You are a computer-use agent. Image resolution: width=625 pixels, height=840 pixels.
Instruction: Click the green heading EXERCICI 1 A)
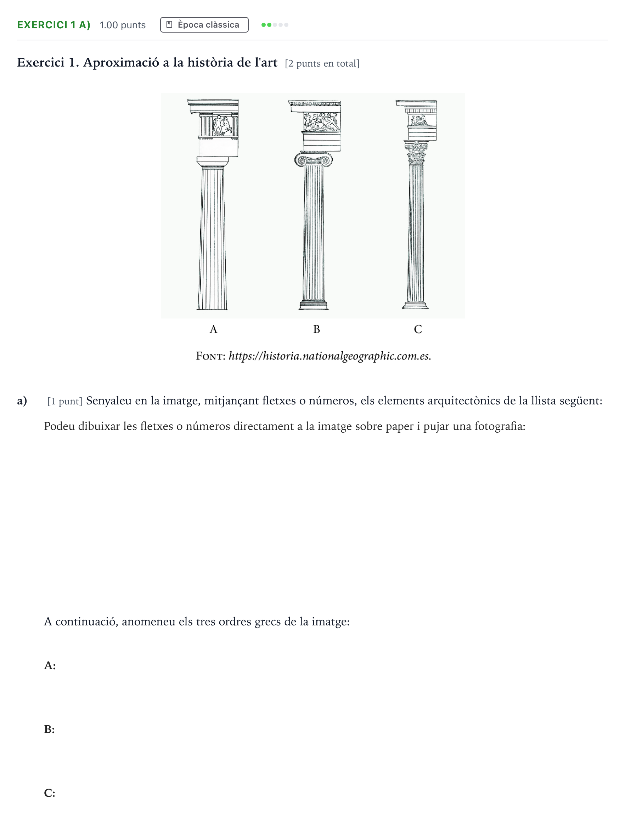[54, 25]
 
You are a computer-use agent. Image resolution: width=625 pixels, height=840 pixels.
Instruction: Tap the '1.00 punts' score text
[123, 25]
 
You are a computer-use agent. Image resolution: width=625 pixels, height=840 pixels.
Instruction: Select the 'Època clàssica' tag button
[204, 25]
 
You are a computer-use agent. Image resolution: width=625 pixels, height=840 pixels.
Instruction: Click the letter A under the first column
[213, 329]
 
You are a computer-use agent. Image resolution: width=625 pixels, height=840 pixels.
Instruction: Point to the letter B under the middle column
[317, 329]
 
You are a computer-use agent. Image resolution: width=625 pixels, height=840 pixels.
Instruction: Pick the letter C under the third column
[418, 329]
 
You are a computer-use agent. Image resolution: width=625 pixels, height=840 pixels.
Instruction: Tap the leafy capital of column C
[416, 153]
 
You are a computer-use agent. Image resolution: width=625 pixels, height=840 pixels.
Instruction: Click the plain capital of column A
[213, 162]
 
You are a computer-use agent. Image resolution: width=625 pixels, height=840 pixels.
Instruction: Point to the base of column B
[314, 305]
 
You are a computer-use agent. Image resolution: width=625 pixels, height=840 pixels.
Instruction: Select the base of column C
[415, 305]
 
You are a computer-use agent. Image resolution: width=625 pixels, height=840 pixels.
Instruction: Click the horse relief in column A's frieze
[222, 125]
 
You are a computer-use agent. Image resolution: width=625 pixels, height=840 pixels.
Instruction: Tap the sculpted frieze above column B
[322, 122]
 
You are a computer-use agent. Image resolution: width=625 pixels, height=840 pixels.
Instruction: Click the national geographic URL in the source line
[330, 356]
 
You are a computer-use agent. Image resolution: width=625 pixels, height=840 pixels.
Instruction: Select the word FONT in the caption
[211, 356]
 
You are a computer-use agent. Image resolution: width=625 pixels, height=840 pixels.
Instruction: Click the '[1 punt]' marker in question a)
[65, 401]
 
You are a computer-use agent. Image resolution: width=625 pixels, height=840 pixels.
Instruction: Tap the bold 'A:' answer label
[50, 665]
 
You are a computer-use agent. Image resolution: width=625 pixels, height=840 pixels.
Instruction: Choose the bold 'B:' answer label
[50, 729]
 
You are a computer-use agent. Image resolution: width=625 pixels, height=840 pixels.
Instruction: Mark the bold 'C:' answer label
[50, 793]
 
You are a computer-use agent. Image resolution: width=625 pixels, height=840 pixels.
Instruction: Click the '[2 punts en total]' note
[322, 63]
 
